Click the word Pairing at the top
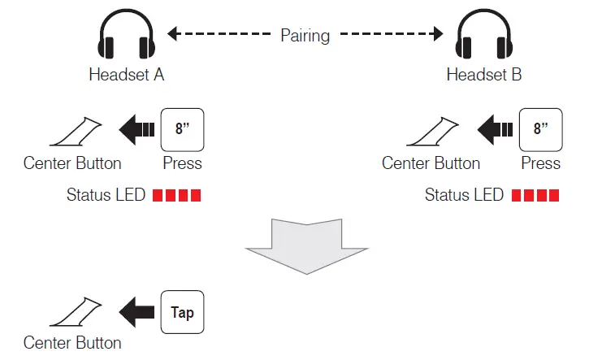305,35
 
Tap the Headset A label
127,75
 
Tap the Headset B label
484,75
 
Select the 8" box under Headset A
183,128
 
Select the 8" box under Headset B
540,128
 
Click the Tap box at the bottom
183,312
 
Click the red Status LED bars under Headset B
536,196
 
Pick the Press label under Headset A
183,163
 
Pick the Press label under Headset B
540,163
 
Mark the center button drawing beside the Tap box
76,313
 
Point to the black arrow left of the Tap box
137,312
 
